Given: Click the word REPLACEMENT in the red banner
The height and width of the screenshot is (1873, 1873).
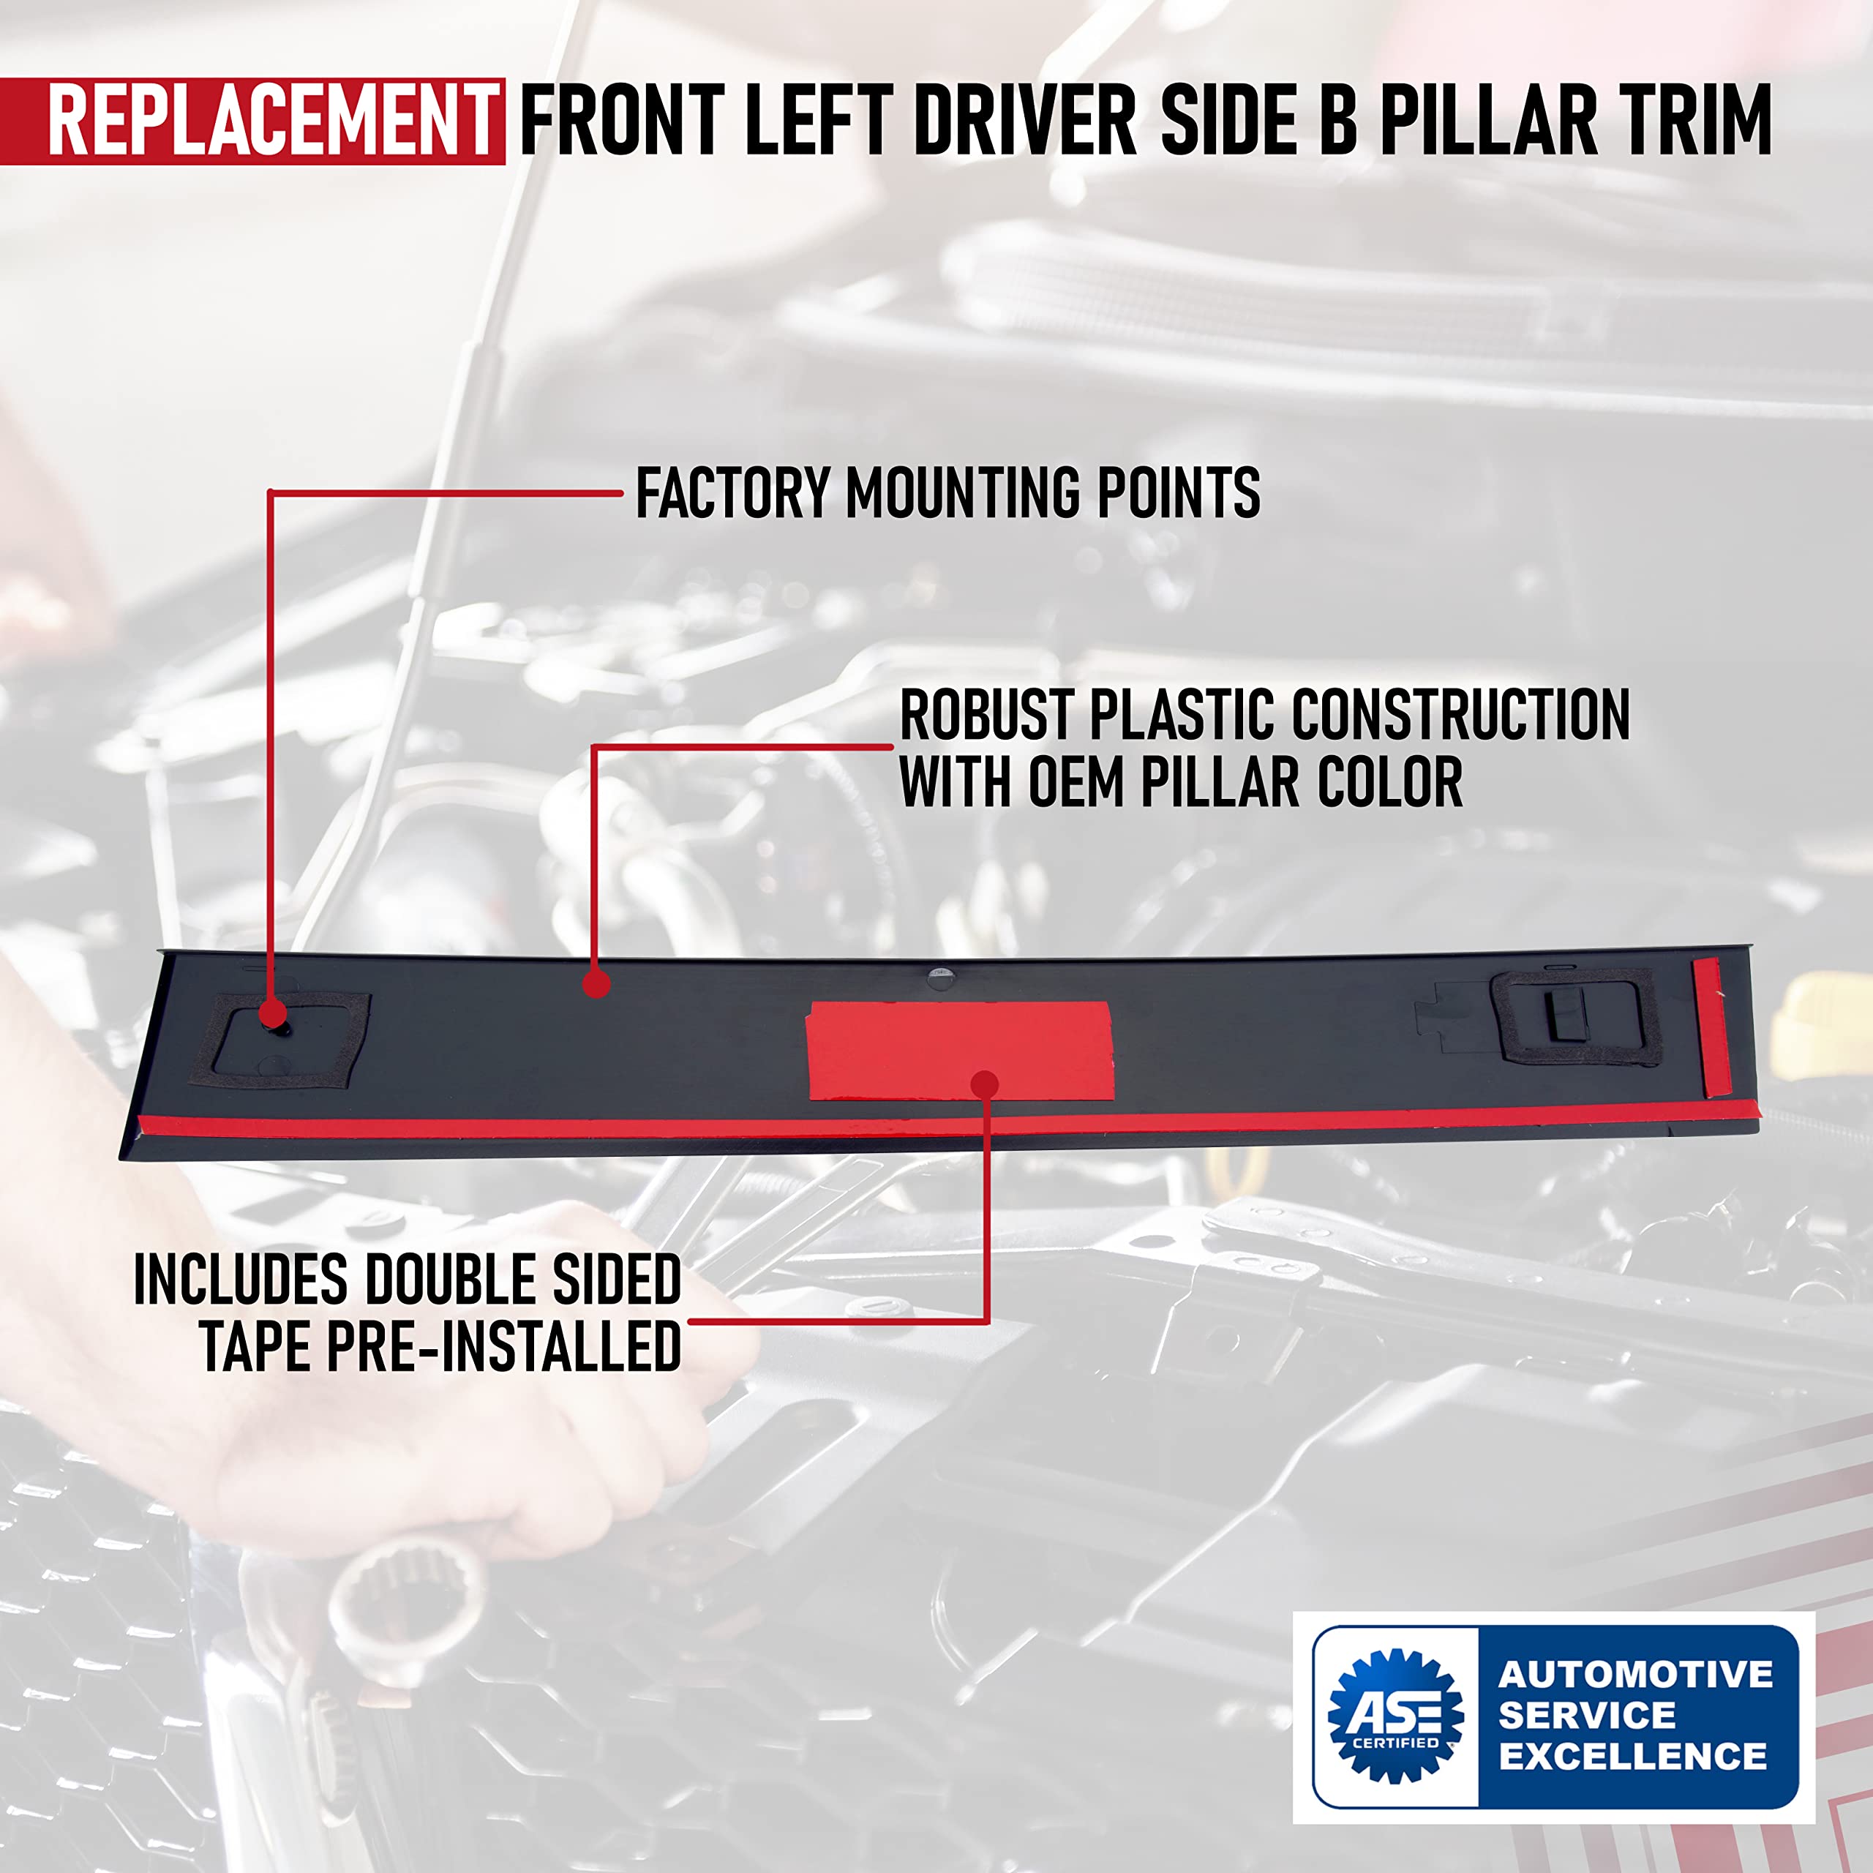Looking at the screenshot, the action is click(271, 121).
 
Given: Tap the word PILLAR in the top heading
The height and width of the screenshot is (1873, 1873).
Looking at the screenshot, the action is click(1488, 121).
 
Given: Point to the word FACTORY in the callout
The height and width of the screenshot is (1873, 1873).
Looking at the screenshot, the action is click(733, 493).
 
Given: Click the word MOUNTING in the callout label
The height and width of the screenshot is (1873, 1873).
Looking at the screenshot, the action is click(964, 493).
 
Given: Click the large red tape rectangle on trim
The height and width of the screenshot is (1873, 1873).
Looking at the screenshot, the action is click(960, 1051).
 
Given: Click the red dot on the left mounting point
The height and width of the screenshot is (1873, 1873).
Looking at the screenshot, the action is click(272, 1015).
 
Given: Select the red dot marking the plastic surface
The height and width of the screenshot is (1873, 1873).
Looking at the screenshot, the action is click(596, 984).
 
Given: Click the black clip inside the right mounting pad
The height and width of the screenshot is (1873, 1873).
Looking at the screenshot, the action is click(1563, 1015).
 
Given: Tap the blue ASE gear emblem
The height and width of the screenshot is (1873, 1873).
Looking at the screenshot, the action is click(1395, 1716).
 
